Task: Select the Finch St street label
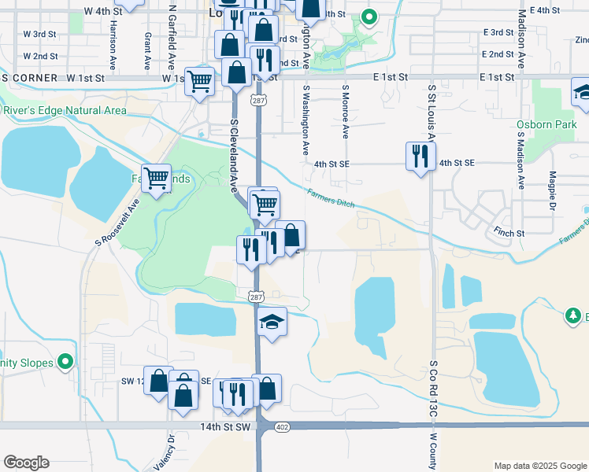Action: click(509, 234)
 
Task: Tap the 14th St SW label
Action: click(227, 426)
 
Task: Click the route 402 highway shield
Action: click(283, 426)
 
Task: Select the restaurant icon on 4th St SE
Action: click(420, 156)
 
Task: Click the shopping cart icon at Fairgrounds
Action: click(157, 178)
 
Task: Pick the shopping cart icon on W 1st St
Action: click(200, 80)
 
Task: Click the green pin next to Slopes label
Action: click(66, 363)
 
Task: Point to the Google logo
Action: click(26, 463)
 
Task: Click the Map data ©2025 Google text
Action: click(539, 466)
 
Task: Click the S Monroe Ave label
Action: click(345, 112)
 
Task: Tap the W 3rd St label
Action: click(40, 35)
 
